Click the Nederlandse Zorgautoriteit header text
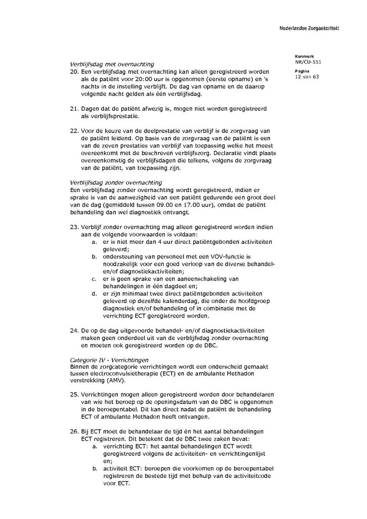pos(309,28)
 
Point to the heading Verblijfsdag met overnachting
pos(112,64)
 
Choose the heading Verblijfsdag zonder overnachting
pos(116,183)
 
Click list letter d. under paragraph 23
pos(94,294)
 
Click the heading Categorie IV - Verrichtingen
pos(109,360)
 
